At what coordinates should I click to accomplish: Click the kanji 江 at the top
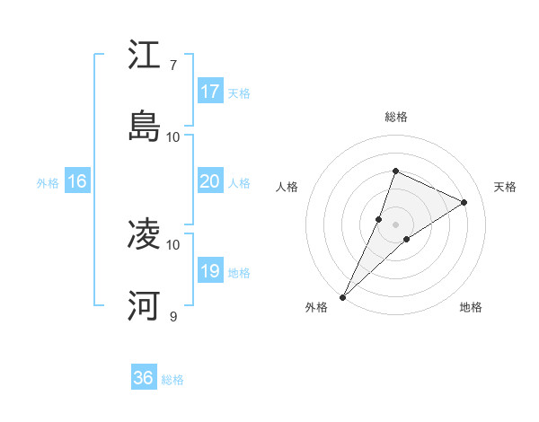tap(144, 55)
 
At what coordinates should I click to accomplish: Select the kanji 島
tap(144, 126)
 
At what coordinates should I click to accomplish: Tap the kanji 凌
tap(144, 234)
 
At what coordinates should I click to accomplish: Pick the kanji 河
tap(144, 305)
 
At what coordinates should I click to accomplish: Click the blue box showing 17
tap(210, 92)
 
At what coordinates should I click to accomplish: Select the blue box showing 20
tap(210, 181)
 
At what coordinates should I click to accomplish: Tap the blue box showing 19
tap(210, 271)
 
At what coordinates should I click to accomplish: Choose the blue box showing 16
tap(77, 181)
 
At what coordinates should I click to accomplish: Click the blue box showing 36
tap(144, 378)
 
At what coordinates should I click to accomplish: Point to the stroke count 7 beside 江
tap(172, 66)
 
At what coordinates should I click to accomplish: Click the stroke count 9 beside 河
tap(172, 316)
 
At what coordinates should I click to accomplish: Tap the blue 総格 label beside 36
tap(172, 380)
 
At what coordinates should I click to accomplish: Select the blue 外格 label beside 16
tap(48, 183)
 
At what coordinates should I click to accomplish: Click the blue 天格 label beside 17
tap(239, 93)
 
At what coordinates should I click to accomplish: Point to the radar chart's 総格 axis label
tap(395, 117)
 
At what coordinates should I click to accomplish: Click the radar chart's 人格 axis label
tap(287, 187)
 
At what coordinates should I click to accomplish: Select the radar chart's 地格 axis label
tap(471, 307)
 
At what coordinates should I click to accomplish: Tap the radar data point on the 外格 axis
tap(342, 296)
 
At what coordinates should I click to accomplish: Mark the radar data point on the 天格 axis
tap(464, 202)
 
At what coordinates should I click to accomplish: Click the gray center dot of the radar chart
tap(395, 224)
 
